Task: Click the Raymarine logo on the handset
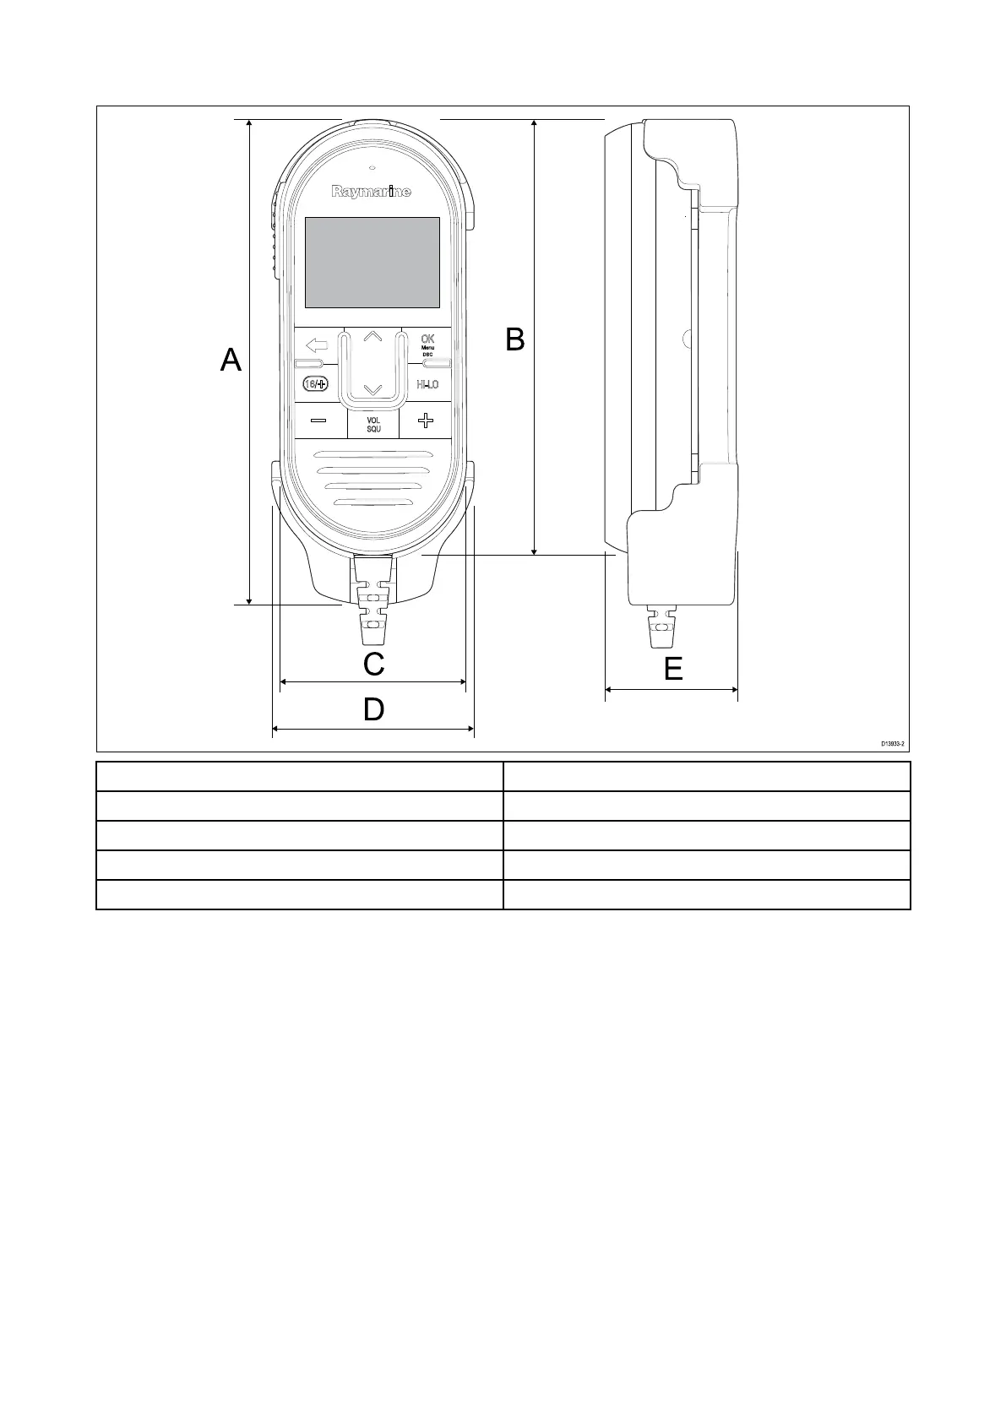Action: pos(372,192)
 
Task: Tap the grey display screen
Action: pos(372,263)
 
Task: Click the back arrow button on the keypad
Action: pos(317,345)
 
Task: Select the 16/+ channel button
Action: pos(315,384)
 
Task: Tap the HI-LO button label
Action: pos(427,385)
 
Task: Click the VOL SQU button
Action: pos(373,425)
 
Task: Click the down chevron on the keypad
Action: pos(372,390)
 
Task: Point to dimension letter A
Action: pos(231,361)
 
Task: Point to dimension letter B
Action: pos(514,339)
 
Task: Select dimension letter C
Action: pos(373,665)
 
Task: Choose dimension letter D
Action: pos(373,710)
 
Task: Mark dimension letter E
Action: pos(672,670)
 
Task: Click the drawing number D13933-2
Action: pos(892,744)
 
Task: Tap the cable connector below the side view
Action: pos(661,627)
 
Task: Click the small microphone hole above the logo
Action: pos(372,166)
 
